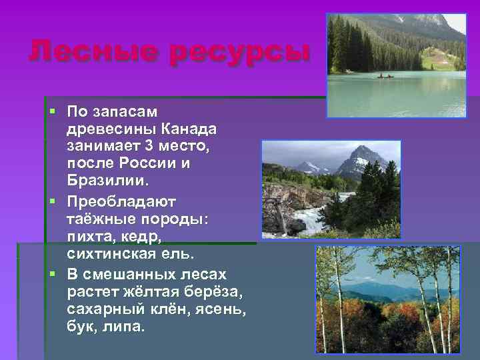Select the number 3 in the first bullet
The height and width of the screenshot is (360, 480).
point(149,145)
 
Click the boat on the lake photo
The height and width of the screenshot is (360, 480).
point(385,76)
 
